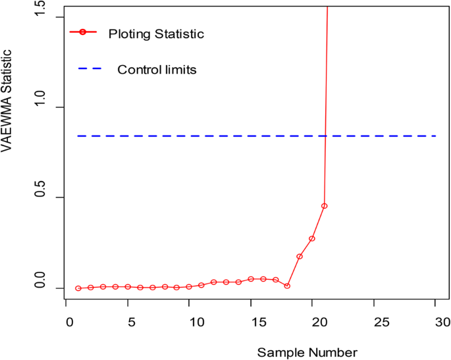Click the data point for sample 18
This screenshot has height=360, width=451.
click(x=287, y=286)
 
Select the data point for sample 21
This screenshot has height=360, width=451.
click(x=324, y=206)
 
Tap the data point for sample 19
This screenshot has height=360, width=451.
click(x=300, y=256)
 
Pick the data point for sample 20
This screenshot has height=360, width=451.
click(x=312, y=238)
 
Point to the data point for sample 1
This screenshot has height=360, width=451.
click(x=78, y=288)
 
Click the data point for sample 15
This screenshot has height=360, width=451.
click(x=250, y=279)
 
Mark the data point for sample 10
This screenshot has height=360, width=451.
click(x=189, y=286)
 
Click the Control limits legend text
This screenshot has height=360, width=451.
click(x=157, y=69)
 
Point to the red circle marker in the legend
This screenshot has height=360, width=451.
click(x=83, y=32)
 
